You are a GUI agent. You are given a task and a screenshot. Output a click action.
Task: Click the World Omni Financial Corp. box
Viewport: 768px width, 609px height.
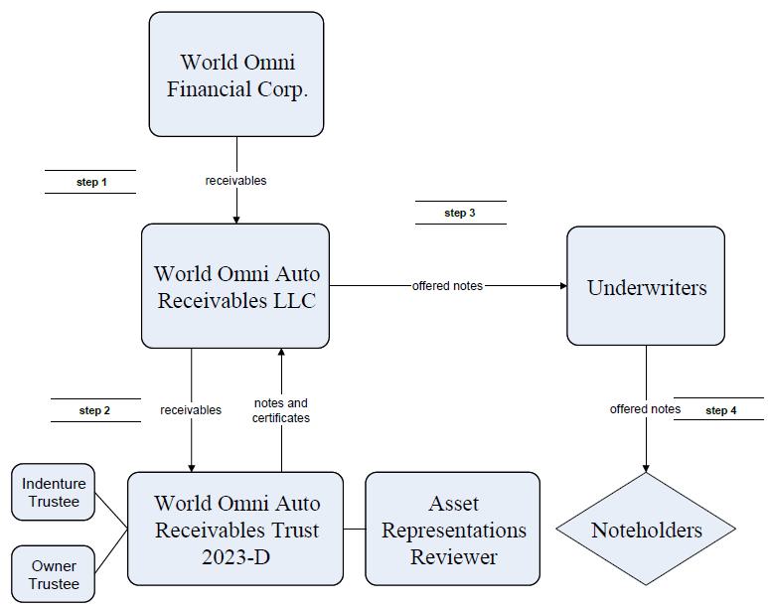click(236, 75)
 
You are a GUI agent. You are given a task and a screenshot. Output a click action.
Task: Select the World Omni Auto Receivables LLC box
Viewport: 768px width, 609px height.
click(235, 286)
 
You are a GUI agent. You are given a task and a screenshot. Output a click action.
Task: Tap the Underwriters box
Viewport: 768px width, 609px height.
click(646, 286)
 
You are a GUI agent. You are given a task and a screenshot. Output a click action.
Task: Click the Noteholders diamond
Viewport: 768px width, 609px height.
click(646, 529)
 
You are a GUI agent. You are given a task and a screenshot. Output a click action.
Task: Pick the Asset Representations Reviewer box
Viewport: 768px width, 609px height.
click(453, 529)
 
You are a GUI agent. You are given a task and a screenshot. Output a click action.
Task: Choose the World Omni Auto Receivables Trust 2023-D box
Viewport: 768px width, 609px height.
click(235, 529)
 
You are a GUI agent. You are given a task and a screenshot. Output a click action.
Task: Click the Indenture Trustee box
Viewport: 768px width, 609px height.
click(53, 492)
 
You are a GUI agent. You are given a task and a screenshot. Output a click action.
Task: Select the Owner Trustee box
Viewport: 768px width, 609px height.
click(53, 574)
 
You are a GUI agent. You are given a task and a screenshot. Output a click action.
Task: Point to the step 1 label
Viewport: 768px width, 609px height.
click(91, 182)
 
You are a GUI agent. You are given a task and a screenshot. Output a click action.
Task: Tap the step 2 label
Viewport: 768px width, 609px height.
click(94, 410)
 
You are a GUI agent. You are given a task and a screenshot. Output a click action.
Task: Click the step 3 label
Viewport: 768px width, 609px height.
click(460, 214)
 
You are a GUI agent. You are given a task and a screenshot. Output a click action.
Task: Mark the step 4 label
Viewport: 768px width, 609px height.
click(721, 410)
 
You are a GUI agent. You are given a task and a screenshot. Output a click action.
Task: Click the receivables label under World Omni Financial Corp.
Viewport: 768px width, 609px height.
click(235, 181)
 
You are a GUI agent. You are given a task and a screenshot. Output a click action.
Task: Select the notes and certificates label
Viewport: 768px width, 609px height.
click(281, 410)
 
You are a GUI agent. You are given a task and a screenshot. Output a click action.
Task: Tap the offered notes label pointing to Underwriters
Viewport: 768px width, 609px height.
click(447, 286)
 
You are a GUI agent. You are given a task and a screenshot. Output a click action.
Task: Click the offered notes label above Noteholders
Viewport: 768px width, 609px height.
click(645, 409)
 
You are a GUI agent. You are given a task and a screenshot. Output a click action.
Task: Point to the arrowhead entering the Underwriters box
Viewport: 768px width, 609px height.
click(563, 286)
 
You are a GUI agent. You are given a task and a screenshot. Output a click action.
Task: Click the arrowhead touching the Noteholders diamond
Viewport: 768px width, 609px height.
click(646, 468)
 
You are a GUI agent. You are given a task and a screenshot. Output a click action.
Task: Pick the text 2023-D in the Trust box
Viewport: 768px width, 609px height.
click(236, 557)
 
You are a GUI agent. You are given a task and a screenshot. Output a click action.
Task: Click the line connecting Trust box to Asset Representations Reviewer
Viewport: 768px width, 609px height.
click(354, 530)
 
